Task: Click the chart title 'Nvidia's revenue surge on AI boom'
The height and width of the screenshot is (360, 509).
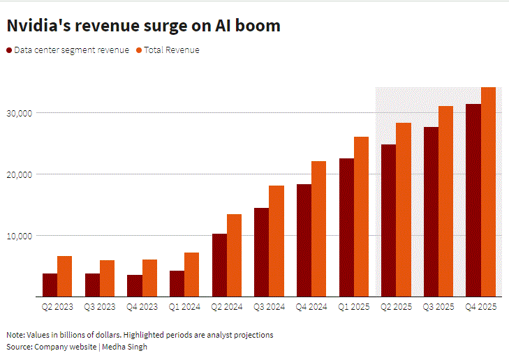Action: [x=143, y=26]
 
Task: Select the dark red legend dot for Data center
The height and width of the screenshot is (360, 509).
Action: [x=9, y=50]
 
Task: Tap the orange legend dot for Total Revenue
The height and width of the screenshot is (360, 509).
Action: [x=139, y=50]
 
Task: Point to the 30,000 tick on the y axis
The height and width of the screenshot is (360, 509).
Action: [x=20, y=113]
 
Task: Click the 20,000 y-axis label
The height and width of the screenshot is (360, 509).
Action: [x=20, y=174]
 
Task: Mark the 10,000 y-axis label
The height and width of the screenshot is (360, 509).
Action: [x=20, y=236]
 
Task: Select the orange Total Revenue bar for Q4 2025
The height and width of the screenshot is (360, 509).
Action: [x=488, y=192]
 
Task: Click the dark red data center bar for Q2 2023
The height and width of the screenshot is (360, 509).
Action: [x=50, y=285]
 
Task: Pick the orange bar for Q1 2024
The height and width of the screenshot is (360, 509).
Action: [x=191, y=275]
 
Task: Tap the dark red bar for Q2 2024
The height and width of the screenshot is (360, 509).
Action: [x=219, y=265]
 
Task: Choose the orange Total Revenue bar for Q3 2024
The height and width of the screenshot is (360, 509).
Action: [x=276, y=241]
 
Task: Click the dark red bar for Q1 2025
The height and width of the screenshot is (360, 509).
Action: [x=346, y=227]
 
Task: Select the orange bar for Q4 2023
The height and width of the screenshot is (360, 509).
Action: [x=149, y=278]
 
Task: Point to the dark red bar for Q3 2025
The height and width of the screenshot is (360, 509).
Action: [x=431, y=212]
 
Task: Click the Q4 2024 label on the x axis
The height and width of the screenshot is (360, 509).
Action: [x=311, y=307]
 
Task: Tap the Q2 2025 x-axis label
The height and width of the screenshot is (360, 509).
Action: [x=396, y=307]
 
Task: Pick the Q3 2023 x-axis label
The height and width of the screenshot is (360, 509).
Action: [x=100, y=307]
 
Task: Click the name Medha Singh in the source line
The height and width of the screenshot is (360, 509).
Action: [x=125, y=347]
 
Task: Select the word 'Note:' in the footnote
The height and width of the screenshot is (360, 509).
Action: [x=15, y=335]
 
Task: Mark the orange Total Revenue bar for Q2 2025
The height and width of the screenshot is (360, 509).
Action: [x=404, y=210]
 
